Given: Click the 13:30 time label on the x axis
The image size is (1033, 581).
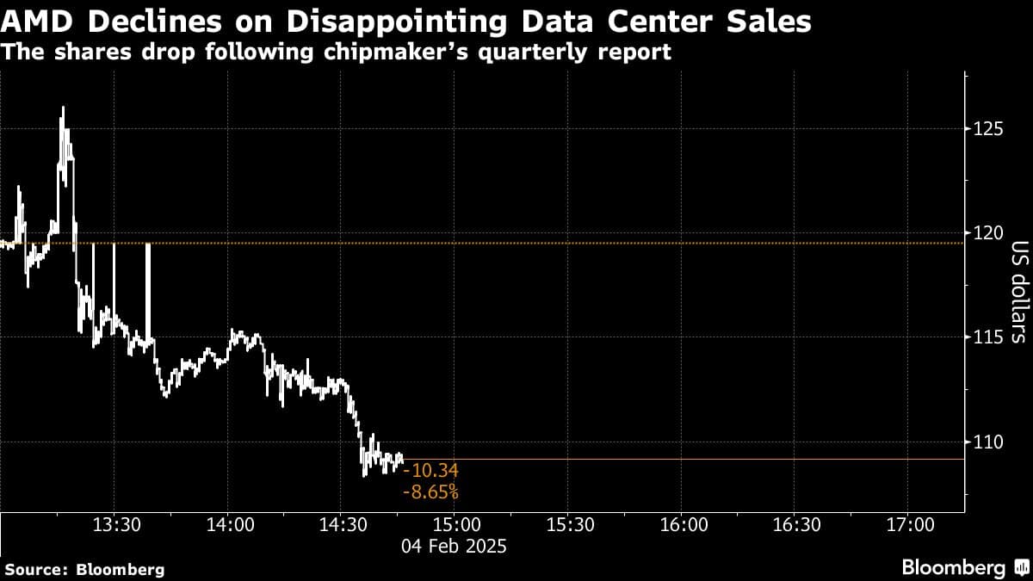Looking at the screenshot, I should [x=115, y=524].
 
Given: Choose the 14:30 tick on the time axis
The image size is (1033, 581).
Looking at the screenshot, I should [x=342, y=524].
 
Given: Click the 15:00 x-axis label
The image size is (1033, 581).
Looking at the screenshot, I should [x=455, y=524].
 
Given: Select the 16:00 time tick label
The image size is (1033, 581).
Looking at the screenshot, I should [x=683, y=524].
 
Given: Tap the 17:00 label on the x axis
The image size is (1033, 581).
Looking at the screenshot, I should [x=910, y=524].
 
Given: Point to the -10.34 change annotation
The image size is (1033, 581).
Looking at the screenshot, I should [x=435, y=471].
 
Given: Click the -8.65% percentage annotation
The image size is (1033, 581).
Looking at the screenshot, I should [x=430, y=493].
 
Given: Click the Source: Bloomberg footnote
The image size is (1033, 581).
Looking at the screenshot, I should [x=84, y=569].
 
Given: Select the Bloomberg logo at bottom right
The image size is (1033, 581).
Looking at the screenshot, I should [x=964, y=567].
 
